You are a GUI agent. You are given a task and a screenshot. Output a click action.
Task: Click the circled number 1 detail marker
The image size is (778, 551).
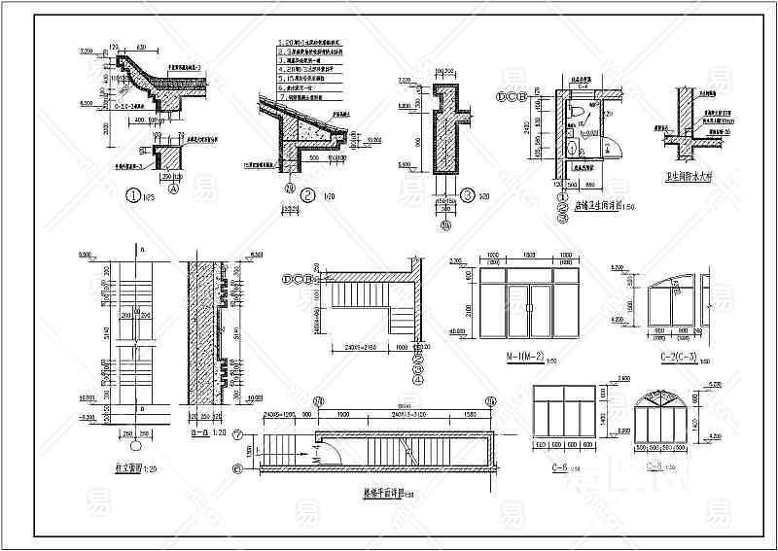pyautogui.click(x=134, y=193)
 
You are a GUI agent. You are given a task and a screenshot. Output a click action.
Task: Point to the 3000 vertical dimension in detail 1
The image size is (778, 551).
pyautogui.click(x=94, y=129)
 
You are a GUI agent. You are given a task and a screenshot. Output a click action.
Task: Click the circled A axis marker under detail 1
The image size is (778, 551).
pyautogui.click(x=173, y=191)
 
